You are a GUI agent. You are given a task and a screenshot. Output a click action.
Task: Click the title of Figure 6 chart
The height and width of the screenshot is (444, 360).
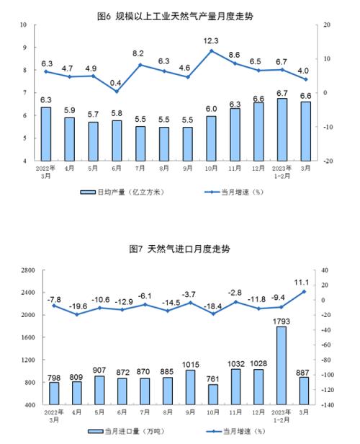(x=175, y=17)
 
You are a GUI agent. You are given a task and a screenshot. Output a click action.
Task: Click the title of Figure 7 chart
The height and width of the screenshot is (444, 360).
(x=179, y=249)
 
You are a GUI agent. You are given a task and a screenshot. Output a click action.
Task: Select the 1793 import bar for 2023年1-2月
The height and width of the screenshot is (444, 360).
(x=281, y=365)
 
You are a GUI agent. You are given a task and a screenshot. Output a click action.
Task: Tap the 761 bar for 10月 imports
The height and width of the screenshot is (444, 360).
(x=213, y=394)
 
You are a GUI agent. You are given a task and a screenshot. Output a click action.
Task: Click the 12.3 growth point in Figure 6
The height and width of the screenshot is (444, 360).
(x=211, y=51)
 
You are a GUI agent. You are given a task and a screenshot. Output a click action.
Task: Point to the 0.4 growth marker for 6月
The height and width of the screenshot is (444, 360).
(x=117, y=92)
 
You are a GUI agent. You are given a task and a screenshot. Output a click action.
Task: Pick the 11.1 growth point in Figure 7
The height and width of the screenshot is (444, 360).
(x=304, y=291)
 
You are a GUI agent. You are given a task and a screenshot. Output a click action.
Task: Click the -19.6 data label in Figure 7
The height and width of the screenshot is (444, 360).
(x=78, y=306)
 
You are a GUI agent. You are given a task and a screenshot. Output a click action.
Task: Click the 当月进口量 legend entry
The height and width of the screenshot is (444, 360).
(x=126, y=431)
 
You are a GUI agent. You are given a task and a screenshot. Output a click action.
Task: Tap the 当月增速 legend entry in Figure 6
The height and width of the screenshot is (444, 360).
(x=234, y=192)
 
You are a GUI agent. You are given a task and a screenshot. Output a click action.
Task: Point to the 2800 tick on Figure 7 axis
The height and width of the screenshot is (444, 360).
(x=28, y=270)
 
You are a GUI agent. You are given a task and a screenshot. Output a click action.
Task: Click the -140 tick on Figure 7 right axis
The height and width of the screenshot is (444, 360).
(x=328, y=405)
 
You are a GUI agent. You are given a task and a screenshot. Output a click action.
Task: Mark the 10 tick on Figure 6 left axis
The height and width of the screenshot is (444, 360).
(x=23, y=25)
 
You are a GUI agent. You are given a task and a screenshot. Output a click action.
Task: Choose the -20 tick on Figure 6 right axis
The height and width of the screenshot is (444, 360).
(x=327, y=161)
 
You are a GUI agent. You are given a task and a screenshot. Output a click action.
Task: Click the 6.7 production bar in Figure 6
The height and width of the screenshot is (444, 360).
(x=282, y=130)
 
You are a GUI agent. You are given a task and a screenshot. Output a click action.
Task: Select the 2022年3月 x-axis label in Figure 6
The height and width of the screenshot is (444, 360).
(x=46, y=172)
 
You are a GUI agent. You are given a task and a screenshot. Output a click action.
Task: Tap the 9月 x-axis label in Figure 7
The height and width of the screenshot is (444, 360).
(x=190, y=412)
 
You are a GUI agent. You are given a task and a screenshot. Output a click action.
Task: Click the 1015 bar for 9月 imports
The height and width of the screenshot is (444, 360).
(x=191, y=387)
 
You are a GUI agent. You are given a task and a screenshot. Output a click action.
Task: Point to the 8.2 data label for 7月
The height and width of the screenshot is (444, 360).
(x=138, y=53)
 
